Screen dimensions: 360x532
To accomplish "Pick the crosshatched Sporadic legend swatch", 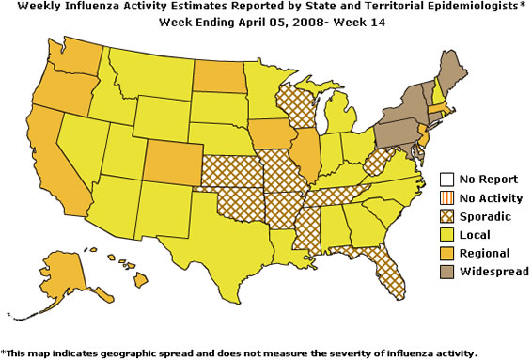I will [448, 215].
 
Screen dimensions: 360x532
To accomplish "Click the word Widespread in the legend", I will [494, 272].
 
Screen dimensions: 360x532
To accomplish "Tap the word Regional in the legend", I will [486, 253].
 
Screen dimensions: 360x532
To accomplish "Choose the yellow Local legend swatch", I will [448, 234].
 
